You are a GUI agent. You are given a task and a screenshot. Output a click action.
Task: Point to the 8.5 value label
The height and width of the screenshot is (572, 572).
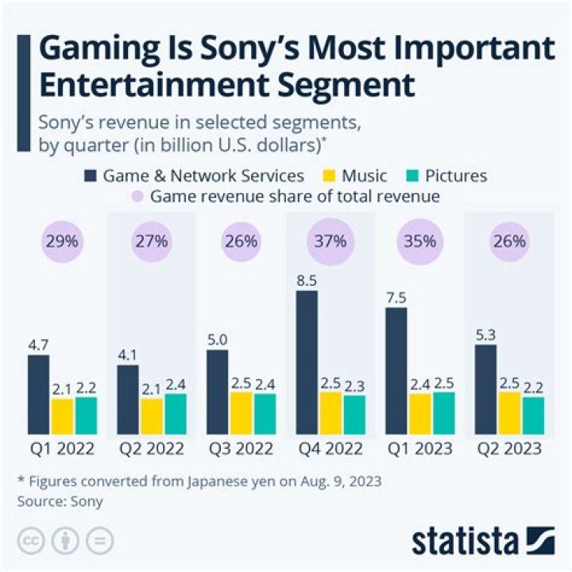coord(307,280)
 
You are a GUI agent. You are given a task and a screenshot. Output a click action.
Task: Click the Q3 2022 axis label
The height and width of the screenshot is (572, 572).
coord(242,449)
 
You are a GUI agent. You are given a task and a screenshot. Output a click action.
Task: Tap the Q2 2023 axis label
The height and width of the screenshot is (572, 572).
coord(508,449)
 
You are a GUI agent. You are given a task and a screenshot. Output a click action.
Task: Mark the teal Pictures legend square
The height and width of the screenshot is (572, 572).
coord(412,175)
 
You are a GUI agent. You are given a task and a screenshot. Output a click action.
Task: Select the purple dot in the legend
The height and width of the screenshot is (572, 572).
coord(135,196)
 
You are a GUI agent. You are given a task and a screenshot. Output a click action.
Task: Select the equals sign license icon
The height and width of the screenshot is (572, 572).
coord(99,540)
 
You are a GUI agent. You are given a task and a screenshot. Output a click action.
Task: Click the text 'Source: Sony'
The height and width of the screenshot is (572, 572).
coord(60,501)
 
